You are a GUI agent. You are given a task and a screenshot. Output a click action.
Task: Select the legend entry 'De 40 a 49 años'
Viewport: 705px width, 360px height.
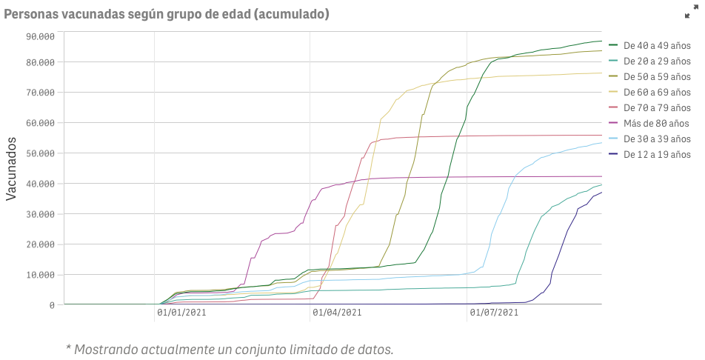pos(656,45)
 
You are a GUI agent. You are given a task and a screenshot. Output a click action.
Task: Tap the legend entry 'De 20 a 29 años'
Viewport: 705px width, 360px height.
pos(656,61)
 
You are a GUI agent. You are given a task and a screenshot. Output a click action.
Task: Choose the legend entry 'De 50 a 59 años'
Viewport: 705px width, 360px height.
pos(656,76)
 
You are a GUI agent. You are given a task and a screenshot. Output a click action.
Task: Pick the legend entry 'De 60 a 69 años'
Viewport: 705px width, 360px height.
pos(656,92)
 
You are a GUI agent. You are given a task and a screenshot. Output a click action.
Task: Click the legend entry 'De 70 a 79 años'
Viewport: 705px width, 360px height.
pos(656,107)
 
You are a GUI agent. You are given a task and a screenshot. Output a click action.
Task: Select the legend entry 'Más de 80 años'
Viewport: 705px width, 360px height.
pos(656,123)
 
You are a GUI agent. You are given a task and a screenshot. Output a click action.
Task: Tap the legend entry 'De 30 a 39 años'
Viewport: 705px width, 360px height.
pos(656,139)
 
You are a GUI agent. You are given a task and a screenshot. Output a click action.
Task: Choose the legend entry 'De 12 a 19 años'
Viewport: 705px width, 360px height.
pos(656,154)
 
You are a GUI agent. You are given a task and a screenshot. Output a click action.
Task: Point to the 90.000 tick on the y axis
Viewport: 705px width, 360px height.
pos(41,36)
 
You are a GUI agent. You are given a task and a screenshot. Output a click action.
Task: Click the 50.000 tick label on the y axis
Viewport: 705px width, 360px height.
pos(41,153)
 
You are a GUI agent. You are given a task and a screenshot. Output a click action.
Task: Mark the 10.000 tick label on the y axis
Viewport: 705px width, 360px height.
pos(41,275)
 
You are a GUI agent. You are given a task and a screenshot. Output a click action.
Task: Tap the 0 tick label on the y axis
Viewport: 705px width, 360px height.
pos(52,305)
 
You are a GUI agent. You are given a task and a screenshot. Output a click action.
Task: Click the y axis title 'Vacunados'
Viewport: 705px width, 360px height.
pos(12,169)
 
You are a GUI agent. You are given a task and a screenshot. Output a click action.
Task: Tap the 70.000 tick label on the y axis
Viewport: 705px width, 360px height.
pos(41,93)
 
